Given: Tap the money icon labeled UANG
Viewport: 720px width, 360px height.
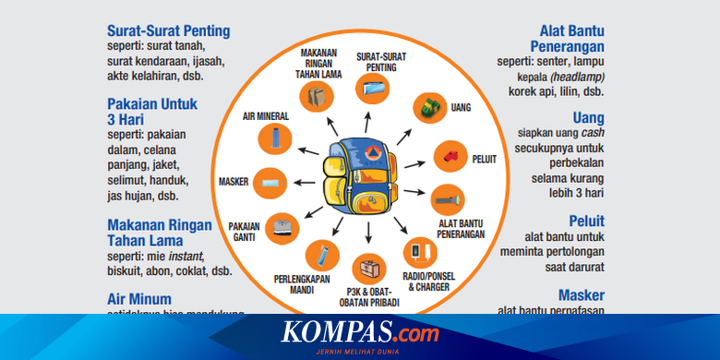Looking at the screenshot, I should point(427,107).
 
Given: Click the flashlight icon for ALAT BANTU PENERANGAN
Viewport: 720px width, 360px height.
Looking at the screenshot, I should point(447,198).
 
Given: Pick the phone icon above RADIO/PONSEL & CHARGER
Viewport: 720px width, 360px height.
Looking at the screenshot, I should point(416,250).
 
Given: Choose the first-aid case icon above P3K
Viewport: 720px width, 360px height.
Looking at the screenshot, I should point(369,270).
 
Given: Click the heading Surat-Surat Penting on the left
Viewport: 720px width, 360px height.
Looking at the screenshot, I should point(169,31).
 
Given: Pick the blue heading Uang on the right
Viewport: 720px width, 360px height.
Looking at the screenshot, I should point(588,118).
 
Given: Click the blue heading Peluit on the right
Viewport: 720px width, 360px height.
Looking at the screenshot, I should point(585,221).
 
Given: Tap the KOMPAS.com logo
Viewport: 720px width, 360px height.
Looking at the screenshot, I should point(360,332).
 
